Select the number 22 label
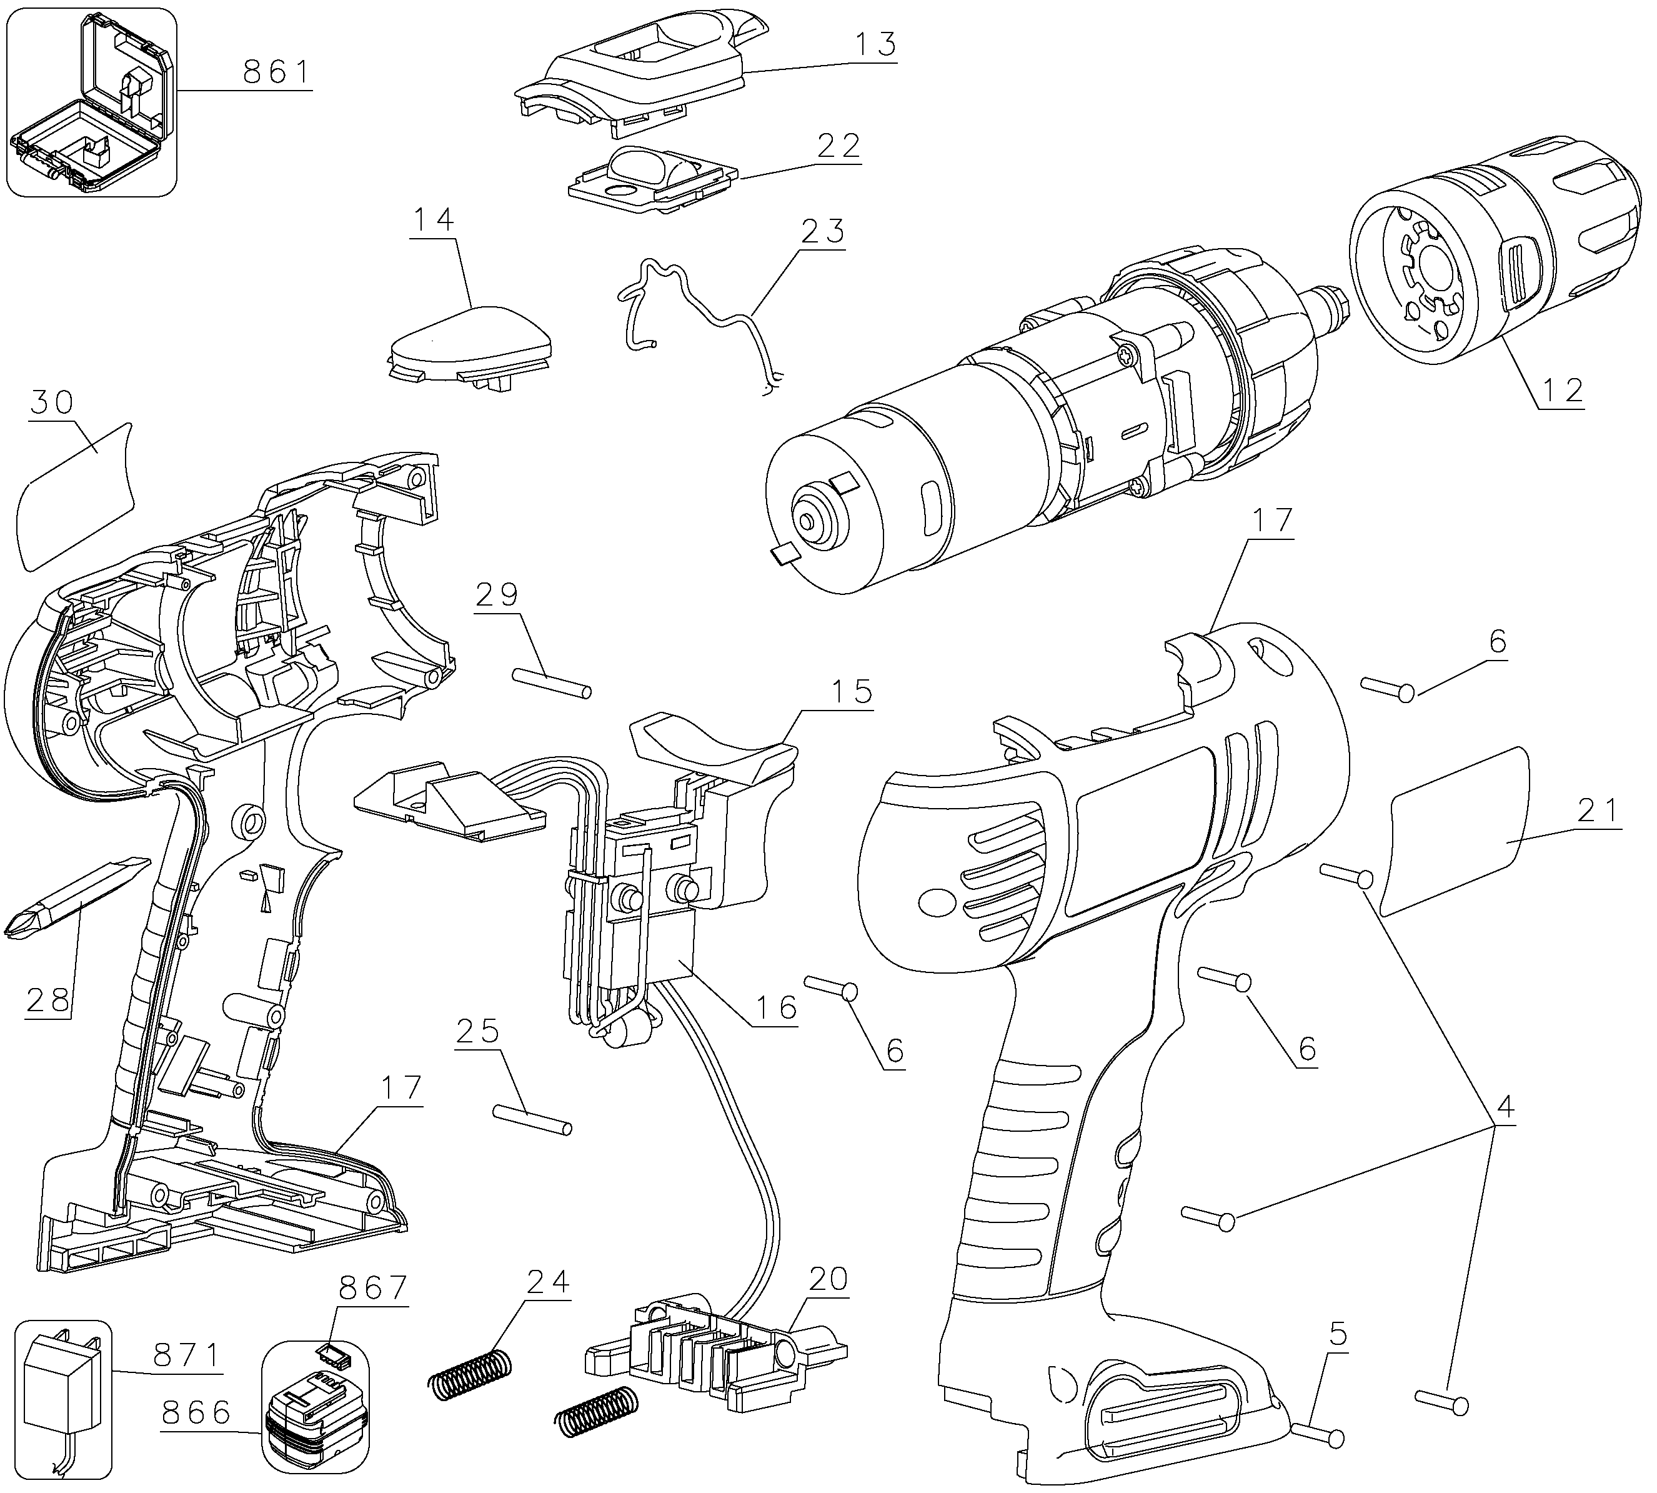pyautogui.click(x=837, y=147)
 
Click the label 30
pyautogui.click(x=52, y=403)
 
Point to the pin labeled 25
pyautogui.click(x=532, y=1120)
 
